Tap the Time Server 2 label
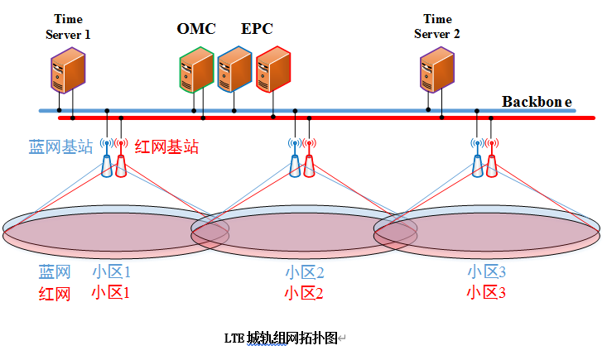(x=437, y=26)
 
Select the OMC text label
(x=196, y=29)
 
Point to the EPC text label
(x=257, y=29)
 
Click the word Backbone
(x=537, y=102)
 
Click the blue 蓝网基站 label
(x=60, y=147)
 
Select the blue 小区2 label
(x=304, y=272)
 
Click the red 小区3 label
(x=485, y=292)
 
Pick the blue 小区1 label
(x=111, y=271)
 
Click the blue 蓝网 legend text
(x=55, y=271)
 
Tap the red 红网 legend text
(x=55, y=293)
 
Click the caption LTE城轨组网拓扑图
(x=282, y=338)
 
